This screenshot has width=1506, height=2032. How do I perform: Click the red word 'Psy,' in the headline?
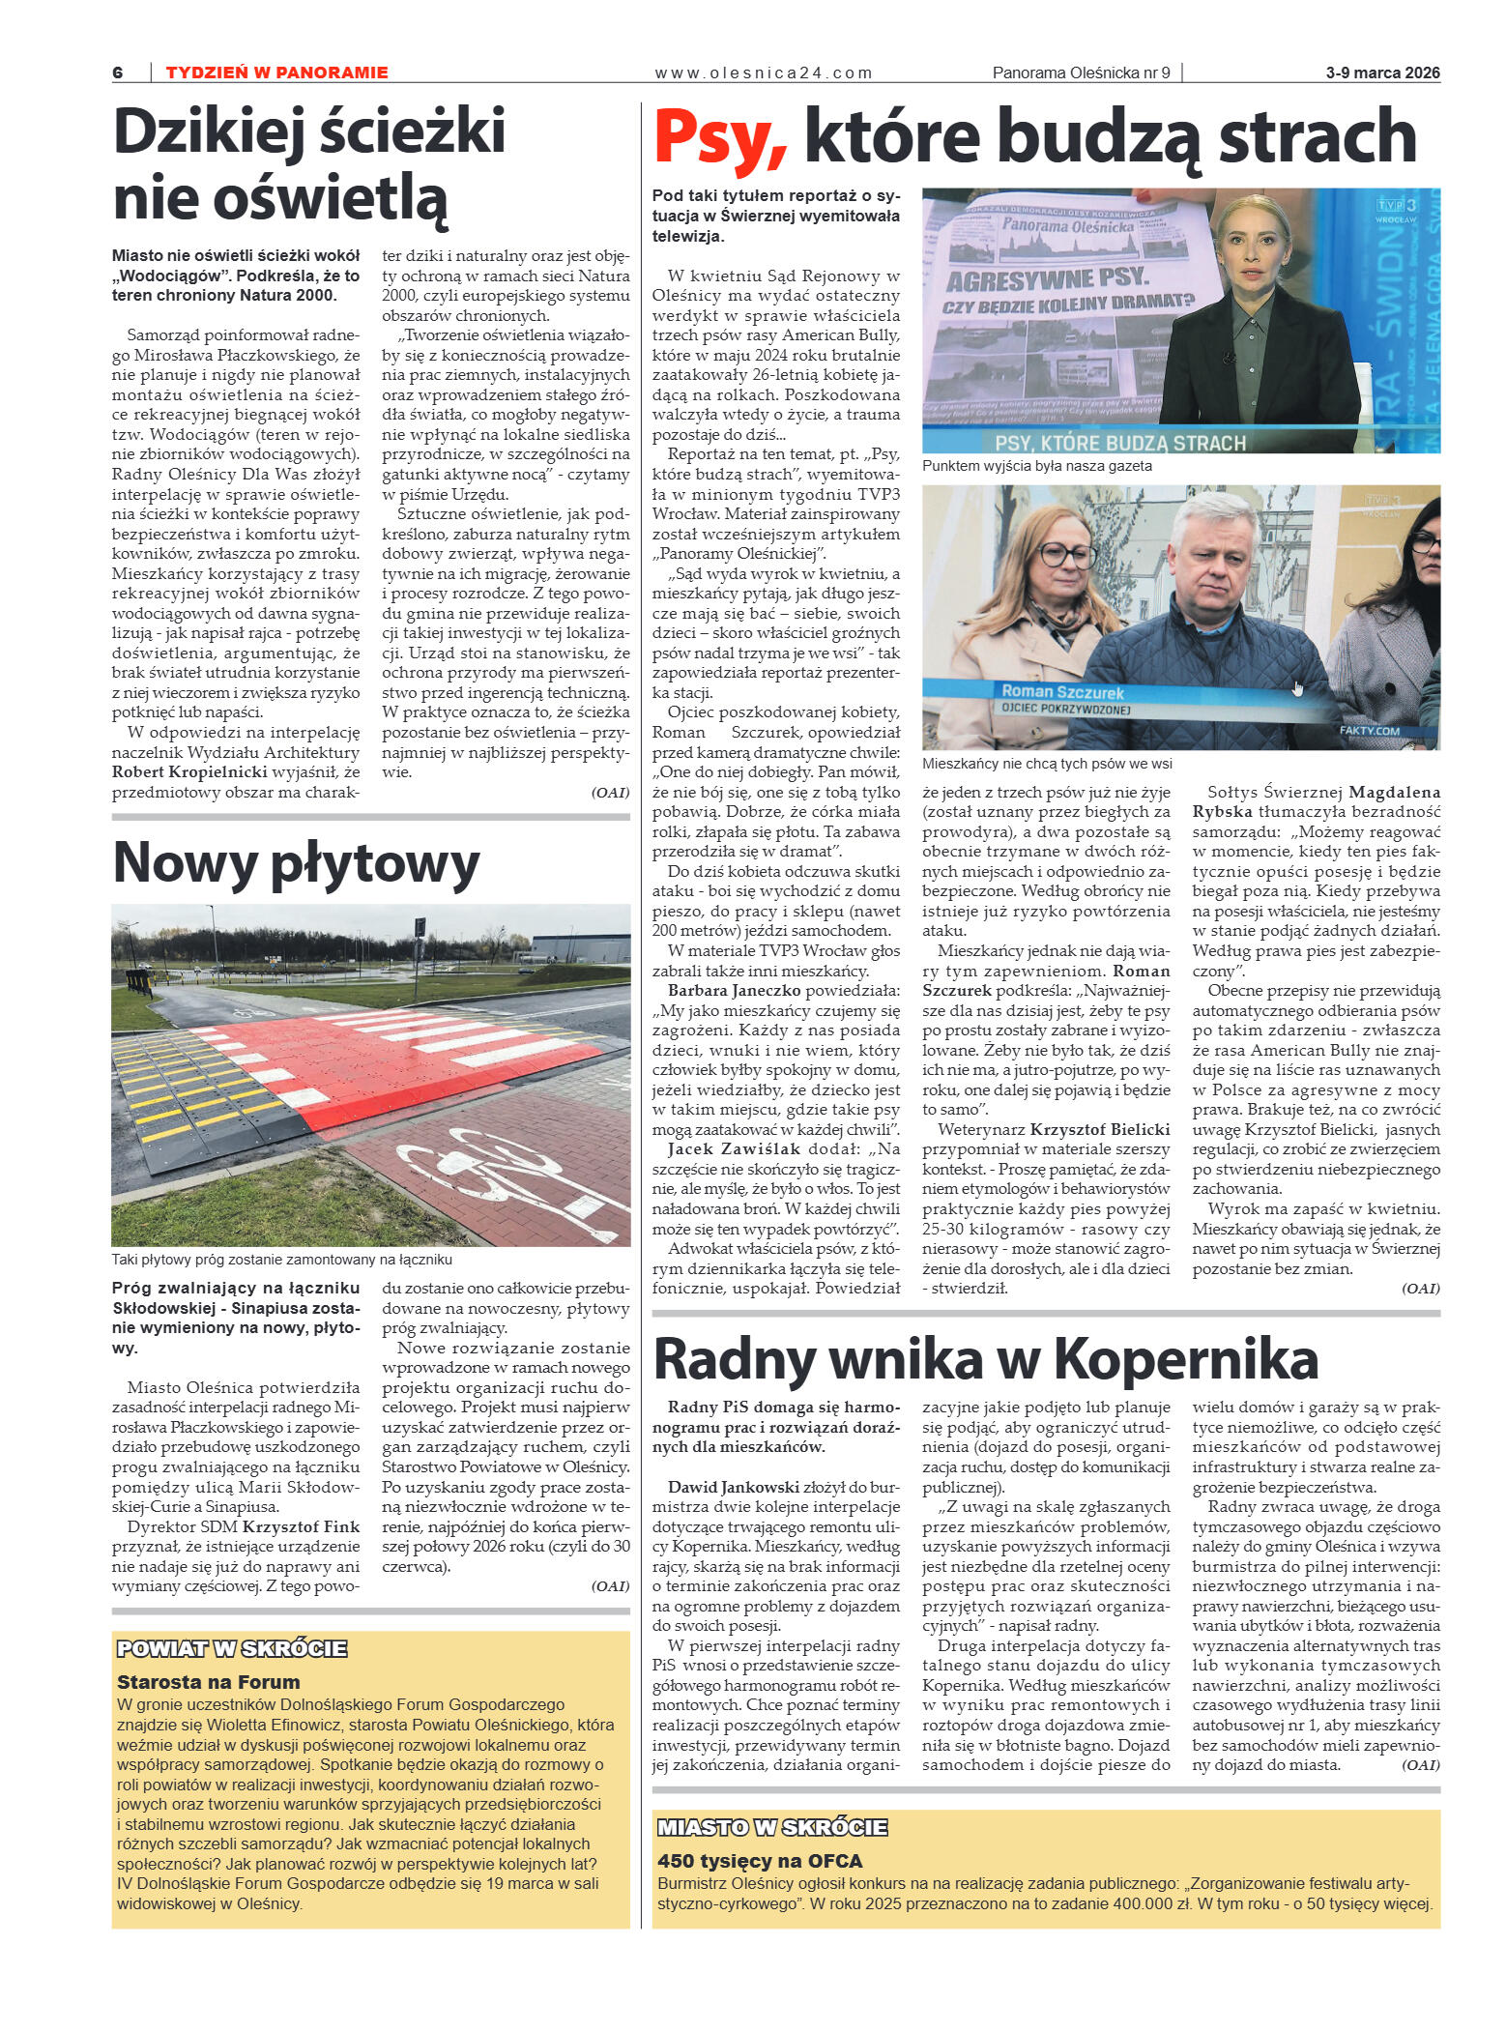pos(720,137)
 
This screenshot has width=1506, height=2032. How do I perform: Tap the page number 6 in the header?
pos(118,73)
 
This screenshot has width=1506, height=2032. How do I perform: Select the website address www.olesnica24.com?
pos(763,73)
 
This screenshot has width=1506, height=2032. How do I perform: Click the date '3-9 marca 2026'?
pos(1382,73)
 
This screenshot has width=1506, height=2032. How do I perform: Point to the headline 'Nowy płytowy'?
pos(296,862)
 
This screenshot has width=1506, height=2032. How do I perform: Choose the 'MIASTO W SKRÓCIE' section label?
pos(771,1827)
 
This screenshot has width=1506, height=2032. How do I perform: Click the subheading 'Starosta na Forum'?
pos(208,1682)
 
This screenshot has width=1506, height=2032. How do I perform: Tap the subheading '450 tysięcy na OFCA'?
pos(759,1861)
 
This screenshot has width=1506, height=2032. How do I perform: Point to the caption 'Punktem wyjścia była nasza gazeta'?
pos(1036,466)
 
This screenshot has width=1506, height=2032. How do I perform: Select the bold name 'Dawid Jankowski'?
pos(733,1487)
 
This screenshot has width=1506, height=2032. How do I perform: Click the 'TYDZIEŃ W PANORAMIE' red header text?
pos(276,73)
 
